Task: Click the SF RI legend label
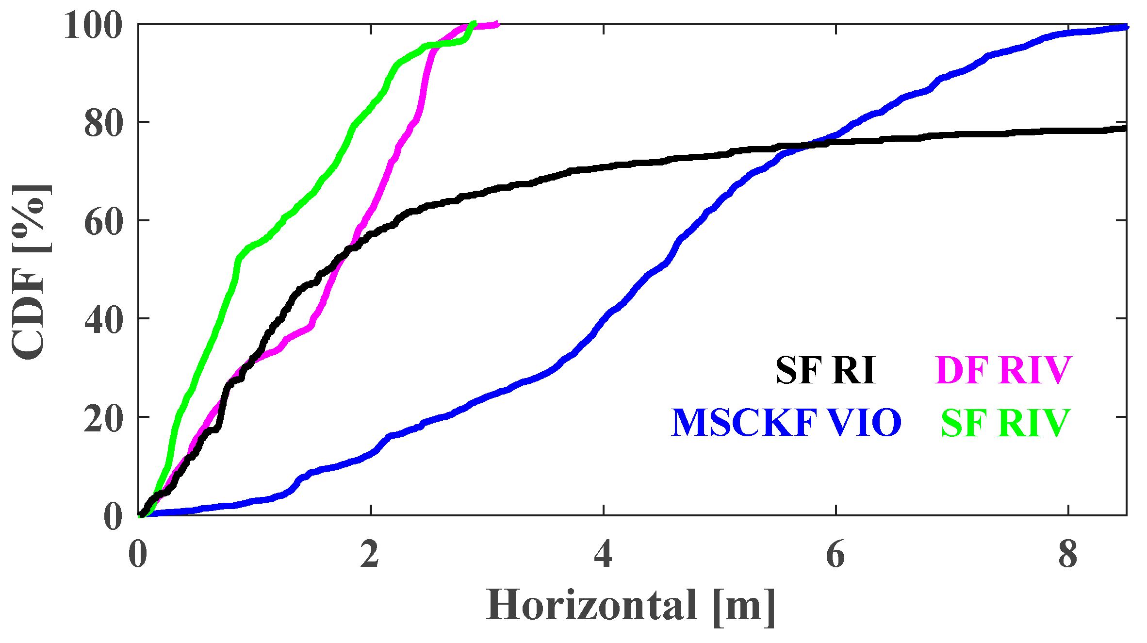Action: [825, 371]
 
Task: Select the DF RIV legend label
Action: [1003, 371]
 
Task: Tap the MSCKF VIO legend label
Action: [786, 423]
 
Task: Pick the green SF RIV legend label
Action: [1005, 423]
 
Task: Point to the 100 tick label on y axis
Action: [93, 25]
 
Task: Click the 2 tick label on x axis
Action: [370, 554]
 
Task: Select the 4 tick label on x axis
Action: [603, 554]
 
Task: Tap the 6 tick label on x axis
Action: [835, 554]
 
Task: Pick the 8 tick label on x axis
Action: [1068, 554]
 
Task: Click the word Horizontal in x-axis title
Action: [591, 605]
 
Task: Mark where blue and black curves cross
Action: [808, 145]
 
